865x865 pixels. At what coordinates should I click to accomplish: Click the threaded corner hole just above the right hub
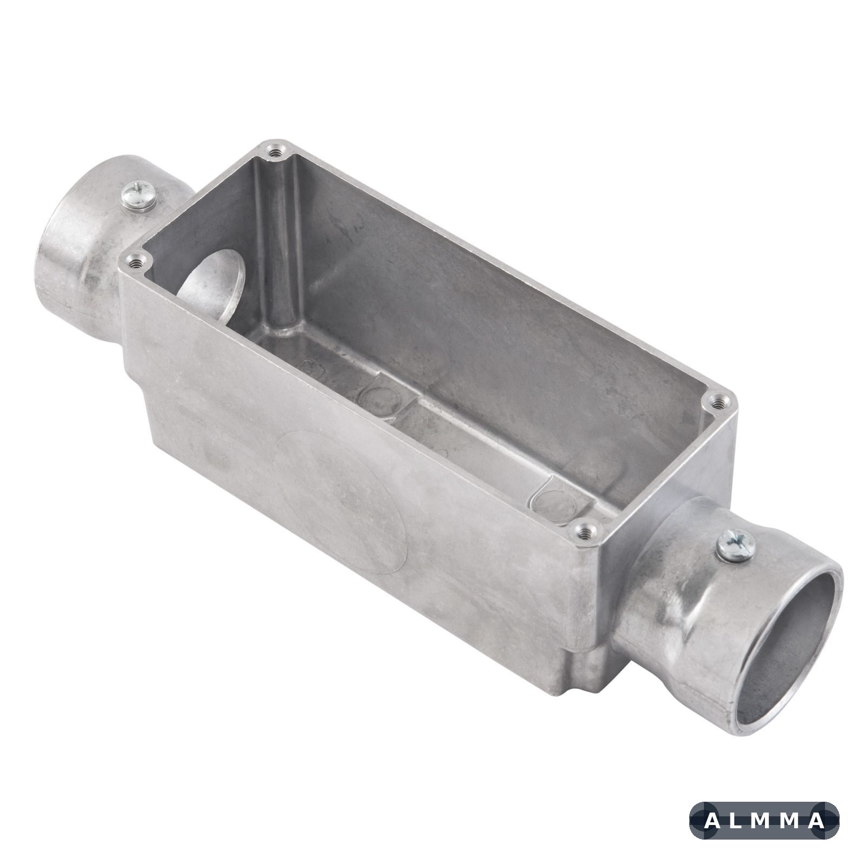(x=718, y=401)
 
